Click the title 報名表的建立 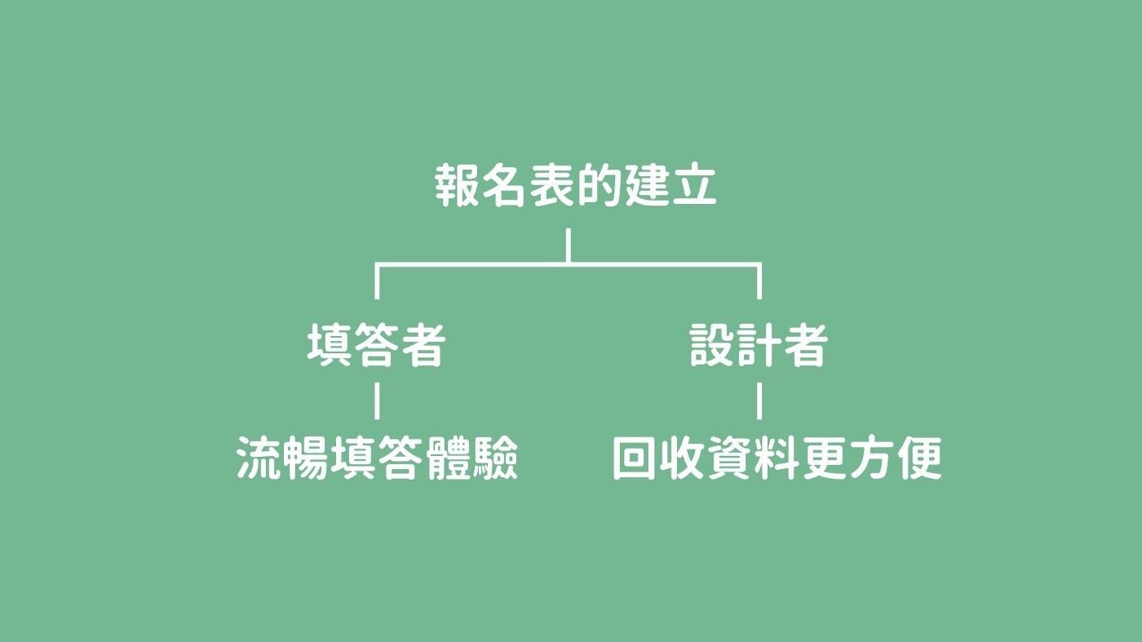(576, 186)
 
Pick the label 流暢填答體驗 (377, 458)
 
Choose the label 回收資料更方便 (777, 458)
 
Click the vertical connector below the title (569, 246)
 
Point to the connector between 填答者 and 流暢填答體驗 (377, 401)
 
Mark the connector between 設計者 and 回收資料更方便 (759, 401)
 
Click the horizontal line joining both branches (568, 264)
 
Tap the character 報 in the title (457, 186)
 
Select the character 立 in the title (695, 186)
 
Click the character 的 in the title (600, 186)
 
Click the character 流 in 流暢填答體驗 (259, 458)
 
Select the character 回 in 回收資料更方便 (634, 458)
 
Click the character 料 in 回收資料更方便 (777, 458)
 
